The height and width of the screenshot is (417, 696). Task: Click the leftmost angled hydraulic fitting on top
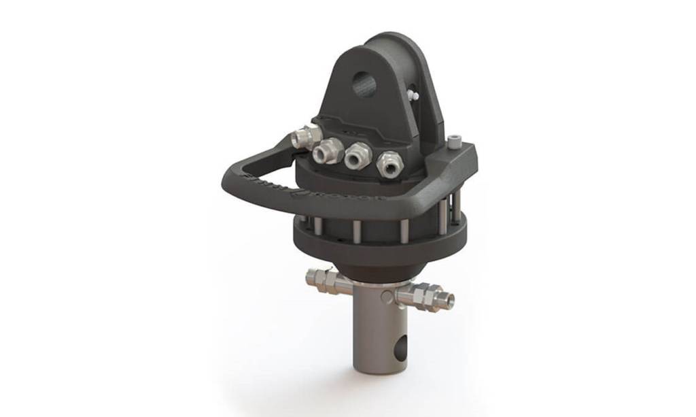pyautogui.click(x=301, y=138)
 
